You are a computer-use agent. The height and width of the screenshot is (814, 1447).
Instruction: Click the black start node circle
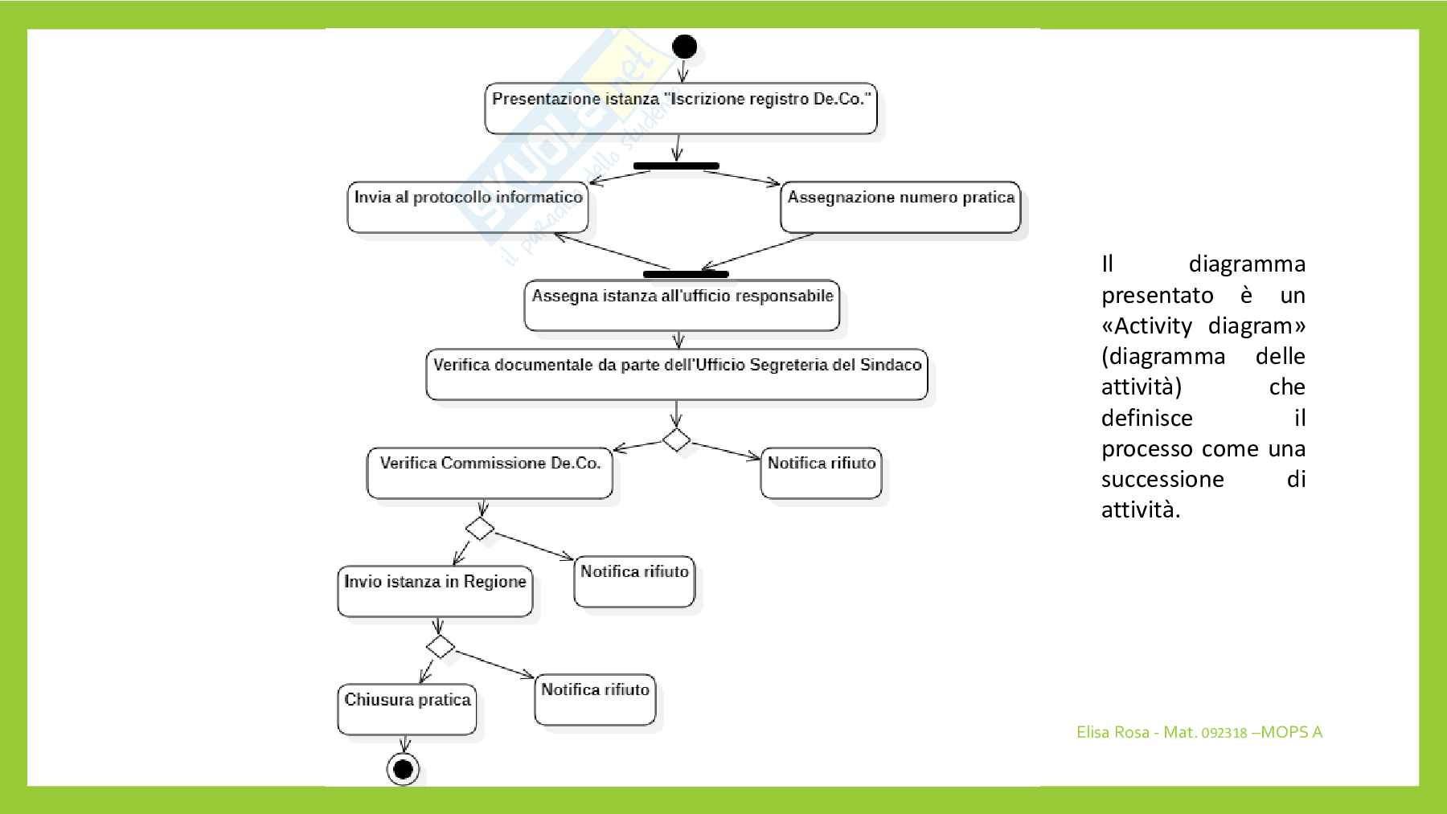click(684, 47)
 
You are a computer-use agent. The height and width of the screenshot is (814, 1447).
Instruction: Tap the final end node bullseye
click(403, 770)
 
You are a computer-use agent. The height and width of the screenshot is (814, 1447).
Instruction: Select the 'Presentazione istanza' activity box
click(680, 108)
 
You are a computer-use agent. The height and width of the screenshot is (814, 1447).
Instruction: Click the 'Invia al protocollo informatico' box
click(468, 207)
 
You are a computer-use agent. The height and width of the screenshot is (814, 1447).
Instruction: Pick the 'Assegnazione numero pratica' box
click(900, 207)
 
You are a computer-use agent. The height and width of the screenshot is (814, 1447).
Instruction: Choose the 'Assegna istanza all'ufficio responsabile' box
click(682, 305)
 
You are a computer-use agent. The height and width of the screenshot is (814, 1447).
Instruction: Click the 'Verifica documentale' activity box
click(677, 374)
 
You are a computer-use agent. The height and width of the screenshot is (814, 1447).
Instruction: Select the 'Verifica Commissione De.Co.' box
click(490, 473)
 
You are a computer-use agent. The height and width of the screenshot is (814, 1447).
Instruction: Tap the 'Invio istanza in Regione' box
click(435, 591)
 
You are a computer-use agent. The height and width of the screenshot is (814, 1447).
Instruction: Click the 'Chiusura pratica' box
click(407, 710)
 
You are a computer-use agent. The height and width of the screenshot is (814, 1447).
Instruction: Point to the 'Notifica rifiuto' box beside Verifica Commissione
click(821, 473)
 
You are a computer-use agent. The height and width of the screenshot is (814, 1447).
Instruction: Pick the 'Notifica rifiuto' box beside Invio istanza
click(634, 582)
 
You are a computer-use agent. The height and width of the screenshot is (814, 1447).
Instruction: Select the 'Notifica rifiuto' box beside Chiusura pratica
click(595, 700)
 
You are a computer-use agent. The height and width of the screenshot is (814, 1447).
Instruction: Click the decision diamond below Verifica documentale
click(676, 440)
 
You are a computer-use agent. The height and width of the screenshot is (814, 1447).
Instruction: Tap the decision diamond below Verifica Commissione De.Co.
click(480, 528)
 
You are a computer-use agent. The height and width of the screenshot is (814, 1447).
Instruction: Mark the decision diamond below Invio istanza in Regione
click(441, 646)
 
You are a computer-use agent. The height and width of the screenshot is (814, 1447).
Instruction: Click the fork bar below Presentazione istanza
click(676, 166)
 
